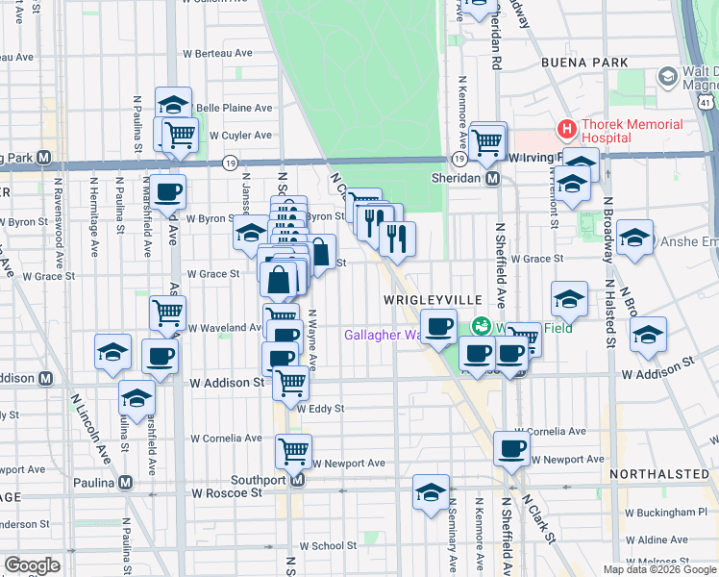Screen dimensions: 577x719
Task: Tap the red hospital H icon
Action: (x=567, y=128)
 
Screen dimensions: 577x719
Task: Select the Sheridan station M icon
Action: (x=492, y=178)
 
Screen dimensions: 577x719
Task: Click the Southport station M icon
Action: (x=297, y=480)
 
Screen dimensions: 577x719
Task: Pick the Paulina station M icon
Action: (x=125, y=483)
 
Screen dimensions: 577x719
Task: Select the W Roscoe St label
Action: (x=227, y=492)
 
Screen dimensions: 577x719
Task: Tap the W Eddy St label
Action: (x=321, y=409)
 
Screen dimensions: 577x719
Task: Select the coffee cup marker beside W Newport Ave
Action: (x=511, y=448)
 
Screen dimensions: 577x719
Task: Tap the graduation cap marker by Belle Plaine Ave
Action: (x=174, y=105)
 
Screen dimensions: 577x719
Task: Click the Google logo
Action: (x=32, y=565)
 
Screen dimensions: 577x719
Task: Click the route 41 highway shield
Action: (x=707, y=101)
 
